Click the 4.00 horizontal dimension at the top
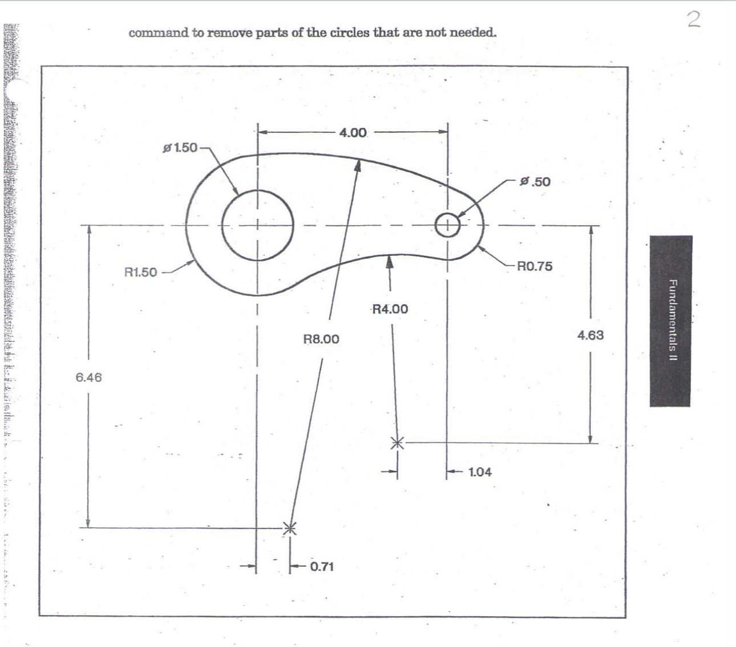(353, 133)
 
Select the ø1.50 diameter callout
(180, 148)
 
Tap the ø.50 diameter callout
(535, 182)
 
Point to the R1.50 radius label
(140, 272)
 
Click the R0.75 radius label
(535, 266)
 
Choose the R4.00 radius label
(390, 309)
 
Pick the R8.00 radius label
(321, 339)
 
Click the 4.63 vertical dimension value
(590, 335)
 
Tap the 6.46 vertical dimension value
(88, 377)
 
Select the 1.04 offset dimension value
(479, 472)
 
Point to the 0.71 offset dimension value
(322, 567)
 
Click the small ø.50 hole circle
(447, 225)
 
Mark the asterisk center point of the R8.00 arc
(290, 528)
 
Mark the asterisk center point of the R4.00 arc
(398, 442)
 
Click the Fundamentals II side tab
(670, 320)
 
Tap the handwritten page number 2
(693, 21)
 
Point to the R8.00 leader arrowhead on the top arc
(358, 164)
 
